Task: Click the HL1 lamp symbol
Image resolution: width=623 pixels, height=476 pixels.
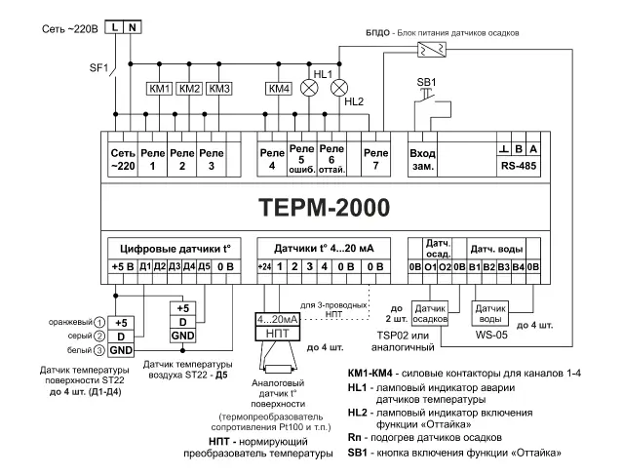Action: coord(313,87)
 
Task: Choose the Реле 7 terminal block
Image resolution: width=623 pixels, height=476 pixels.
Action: coord(374,157)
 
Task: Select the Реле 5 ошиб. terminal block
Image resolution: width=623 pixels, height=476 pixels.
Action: coord(303,158)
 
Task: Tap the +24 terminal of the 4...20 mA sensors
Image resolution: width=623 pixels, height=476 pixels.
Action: coord(263,265)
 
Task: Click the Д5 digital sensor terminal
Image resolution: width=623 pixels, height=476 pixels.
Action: coord(204,265)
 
